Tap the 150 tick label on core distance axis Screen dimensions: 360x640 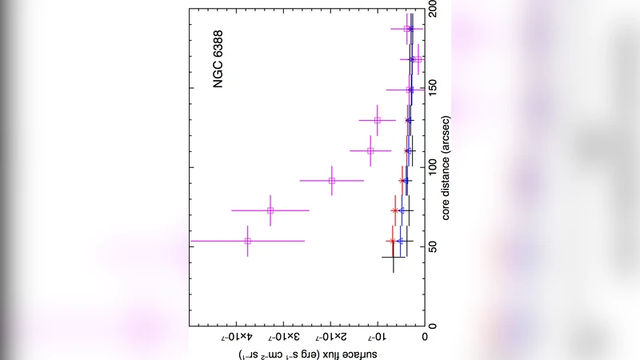tap(433, 89)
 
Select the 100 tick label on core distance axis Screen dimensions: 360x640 tap(433, 167)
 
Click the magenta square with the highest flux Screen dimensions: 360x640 tap(248, 241)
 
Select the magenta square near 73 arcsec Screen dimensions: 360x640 tap(270, 210)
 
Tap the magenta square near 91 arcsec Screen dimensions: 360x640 tap(332, 181)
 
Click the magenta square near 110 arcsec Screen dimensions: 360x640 tap(370, 150)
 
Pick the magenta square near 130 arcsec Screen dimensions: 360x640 tap(378, 120)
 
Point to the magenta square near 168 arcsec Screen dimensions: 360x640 tap(418, 59)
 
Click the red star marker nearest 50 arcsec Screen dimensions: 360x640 tap(392, 241)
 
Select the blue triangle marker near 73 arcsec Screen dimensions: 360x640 tap(402, 210)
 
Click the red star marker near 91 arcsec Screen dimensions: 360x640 tap(402, 181)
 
